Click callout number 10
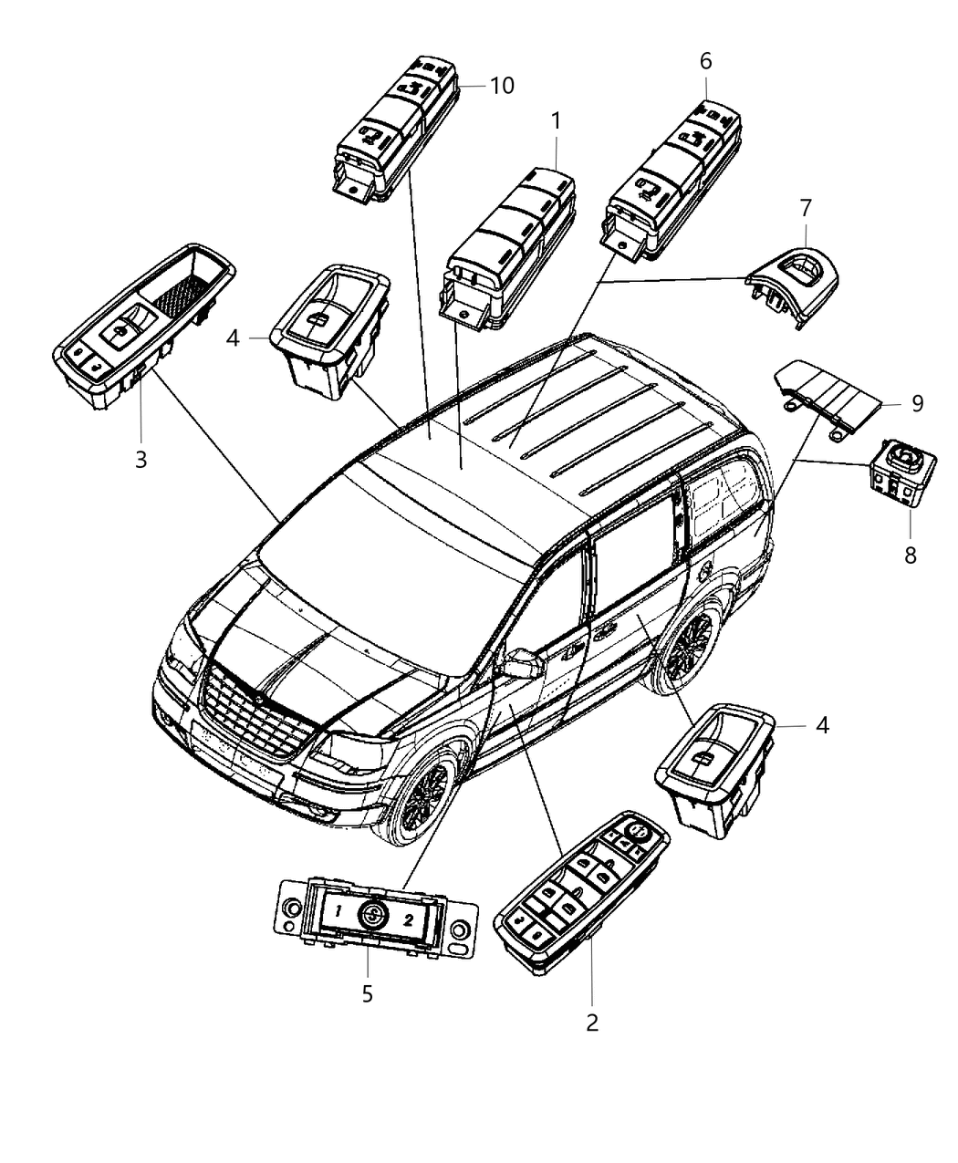502,86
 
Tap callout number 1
556,119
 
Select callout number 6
706,61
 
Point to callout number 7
805,208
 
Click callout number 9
917,401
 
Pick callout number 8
910,554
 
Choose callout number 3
141,460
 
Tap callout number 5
367,993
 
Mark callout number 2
592,1023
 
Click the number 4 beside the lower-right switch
822,725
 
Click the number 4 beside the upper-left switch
233,338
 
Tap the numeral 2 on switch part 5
409,919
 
